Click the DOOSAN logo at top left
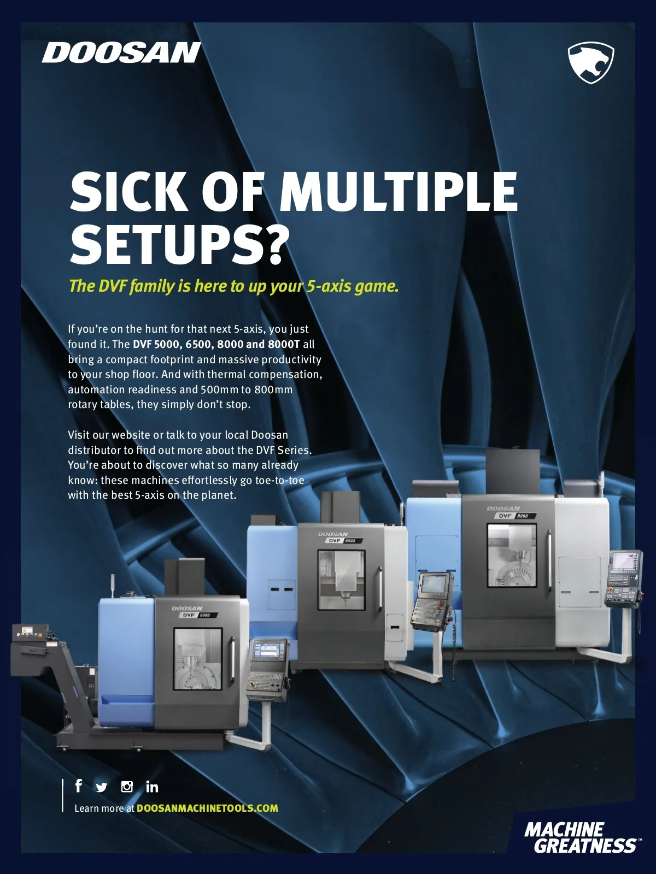[121, 53]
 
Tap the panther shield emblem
[591, 62]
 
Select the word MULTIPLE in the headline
[399, 192]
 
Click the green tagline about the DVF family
[233, 286]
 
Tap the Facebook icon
[79, 786]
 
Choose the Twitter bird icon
[102, 787]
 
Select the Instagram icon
[127, 787]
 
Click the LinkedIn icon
[152, 787]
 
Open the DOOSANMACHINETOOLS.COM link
[207, 808]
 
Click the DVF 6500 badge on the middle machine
[344, 540]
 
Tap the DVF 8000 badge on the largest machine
[516, 516]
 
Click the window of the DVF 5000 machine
[197, 659]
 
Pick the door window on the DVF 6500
[341, 580]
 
